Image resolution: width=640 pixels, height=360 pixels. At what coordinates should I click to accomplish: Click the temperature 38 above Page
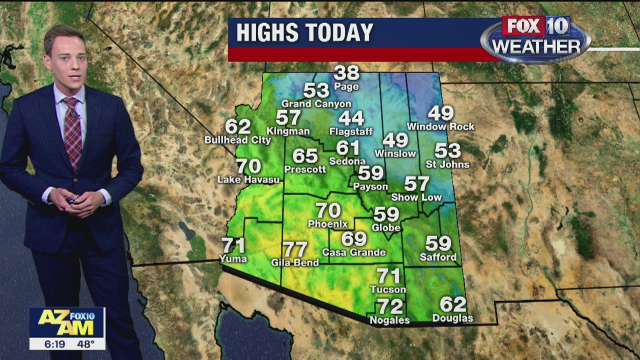346,73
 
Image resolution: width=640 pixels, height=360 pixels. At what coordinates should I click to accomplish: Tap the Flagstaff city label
351,131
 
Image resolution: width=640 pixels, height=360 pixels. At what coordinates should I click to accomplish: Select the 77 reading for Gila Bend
295,249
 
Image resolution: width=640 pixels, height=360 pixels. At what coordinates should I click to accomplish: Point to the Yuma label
233,258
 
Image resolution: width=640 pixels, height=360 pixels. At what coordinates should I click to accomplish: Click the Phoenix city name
327,223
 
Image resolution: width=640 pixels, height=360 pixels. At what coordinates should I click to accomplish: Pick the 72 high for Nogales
389,306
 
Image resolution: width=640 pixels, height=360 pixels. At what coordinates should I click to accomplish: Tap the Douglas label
452,318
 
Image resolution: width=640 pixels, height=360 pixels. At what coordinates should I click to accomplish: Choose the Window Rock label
440,127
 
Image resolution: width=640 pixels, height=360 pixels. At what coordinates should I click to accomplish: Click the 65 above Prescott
305,156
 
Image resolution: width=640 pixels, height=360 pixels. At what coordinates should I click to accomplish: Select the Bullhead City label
237,140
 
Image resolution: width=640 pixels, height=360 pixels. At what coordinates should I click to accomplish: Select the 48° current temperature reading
85,344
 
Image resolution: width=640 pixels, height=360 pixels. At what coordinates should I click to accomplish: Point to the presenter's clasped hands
76,200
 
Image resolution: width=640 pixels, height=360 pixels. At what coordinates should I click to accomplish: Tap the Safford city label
438,257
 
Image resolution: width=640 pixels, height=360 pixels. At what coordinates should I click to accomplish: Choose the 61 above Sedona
347,148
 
